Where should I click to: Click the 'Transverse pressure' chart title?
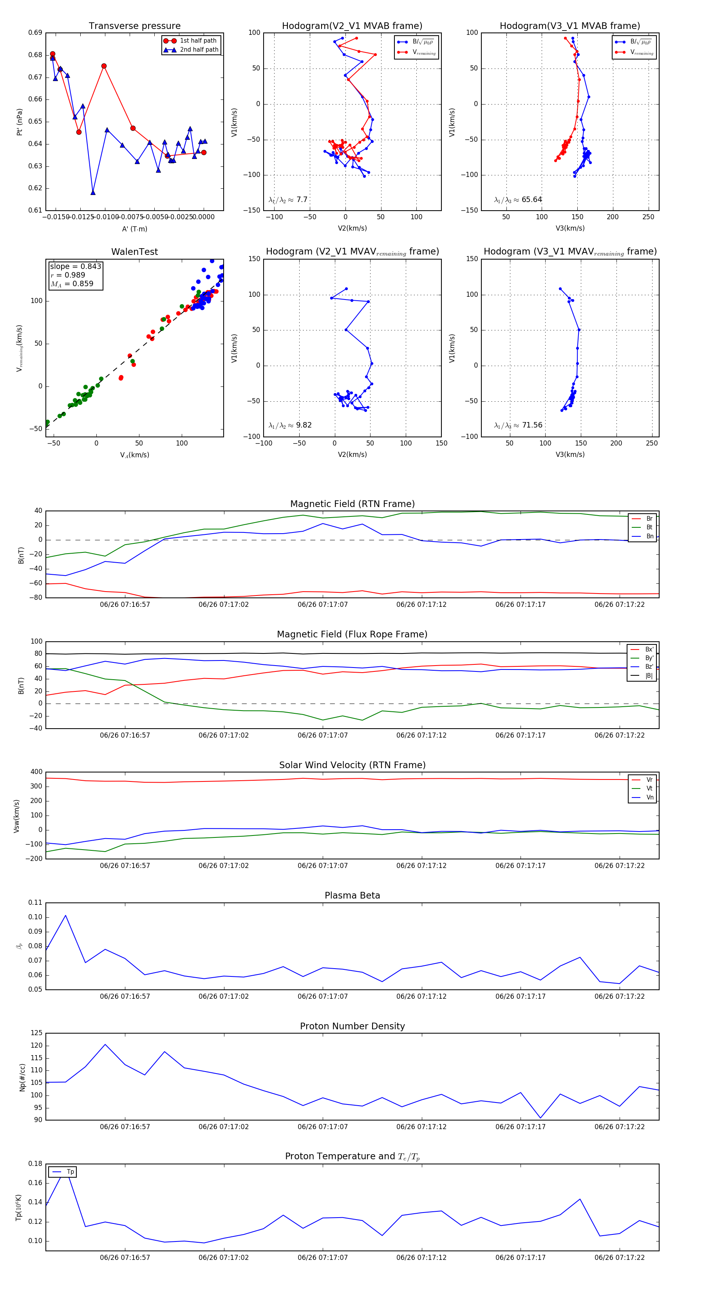[134, 26]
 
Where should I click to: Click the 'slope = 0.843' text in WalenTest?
[75, 266]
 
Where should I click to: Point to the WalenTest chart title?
[134, 252]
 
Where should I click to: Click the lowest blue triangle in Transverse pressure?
[93, 193]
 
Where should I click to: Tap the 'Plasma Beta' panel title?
[352, 896]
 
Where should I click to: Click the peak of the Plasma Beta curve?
[65, 916]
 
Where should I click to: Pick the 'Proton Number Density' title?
[352, 1026]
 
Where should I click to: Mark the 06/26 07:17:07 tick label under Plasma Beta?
[323, 996]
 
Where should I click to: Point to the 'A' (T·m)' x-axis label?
[134, 229]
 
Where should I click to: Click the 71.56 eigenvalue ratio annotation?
[518, 425]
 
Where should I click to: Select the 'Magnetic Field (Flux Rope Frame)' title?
[352, 635]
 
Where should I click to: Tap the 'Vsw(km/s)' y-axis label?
[16, 816]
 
